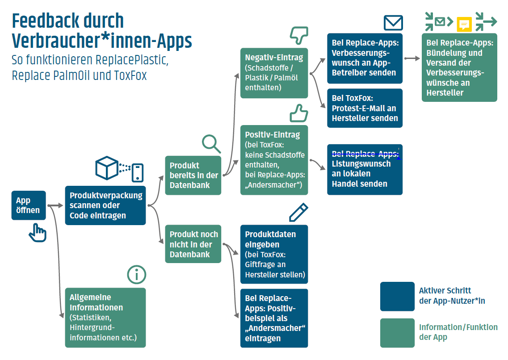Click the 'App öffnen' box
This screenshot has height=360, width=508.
29,205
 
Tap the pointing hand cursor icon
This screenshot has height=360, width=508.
38,233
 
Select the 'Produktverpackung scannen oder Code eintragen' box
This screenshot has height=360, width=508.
105,205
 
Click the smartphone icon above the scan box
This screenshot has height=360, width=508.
138,173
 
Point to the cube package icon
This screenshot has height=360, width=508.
107,167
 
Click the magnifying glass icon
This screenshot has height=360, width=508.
211,143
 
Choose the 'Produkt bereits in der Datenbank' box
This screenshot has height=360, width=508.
193,175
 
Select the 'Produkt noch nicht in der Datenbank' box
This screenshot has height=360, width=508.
193,244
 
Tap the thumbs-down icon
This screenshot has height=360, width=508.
299,33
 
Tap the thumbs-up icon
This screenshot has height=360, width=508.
299,113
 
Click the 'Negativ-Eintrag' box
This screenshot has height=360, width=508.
274,73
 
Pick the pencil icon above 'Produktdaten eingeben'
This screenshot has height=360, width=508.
298,213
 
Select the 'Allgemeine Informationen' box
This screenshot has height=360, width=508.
105,317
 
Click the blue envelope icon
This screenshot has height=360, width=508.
393,23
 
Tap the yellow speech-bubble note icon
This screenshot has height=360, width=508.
464,24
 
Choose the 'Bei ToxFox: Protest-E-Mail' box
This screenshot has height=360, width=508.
365,108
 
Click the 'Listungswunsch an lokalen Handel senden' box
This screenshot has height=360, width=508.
365,169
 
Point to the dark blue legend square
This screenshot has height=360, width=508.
397,296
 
